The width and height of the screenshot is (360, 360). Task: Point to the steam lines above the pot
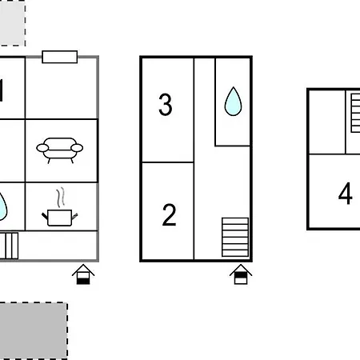click(x=58, y=197)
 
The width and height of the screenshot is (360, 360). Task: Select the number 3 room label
click(x=166, y=105)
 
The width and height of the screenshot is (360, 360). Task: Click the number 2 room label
click(x=169, y=215)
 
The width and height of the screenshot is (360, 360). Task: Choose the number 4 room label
click(x=345, y=194)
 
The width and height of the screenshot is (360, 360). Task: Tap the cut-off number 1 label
click(x=2, y=91)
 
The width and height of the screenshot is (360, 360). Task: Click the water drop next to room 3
click(x=233, y=102)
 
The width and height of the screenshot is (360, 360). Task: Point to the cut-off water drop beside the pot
click(x=3, y=207)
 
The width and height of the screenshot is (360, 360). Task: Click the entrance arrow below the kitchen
click(x=83, y=275)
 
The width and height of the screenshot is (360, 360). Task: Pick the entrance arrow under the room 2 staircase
click(x=240, y=275)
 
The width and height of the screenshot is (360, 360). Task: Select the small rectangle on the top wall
click(x=59, y=57)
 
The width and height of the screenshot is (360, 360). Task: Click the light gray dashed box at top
click(x=11, y=22)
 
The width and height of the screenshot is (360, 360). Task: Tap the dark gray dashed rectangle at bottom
click(x=32, y=330)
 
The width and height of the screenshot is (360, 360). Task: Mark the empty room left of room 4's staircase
click(x=327, y=122)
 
